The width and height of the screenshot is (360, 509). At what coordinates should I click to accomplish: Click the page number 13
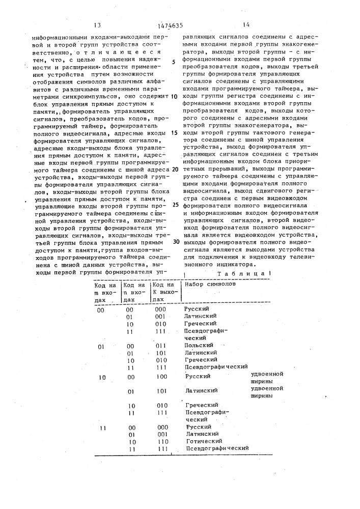pyautogui.click(x=98, y=24)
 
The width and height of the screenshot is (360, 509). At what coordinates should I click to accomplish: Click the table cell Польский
pyautogui.click(x=196, y=346)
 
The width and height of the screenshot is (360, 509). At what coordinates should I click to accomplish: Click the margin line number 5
pyautogui.click(x=174, y=62)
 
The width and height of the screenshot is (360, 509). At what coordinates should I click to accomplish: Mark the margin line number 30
pyautogui.click(x=176, y=242)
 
